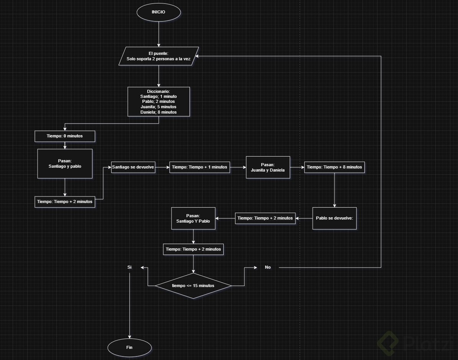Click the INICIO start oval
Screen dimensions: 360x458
[158, 12]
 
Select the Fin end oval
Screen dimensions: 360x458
[129, 347]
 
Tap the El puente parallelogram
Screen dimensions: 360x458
[158, 56]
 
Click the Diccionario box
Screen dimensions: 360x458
[159, 101]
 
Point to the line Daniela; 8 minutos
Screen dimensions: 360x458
[159, 112]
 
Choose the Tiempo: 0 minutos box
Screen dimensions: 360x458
[64, 136]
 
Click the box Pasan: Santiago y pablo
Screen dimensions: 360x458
[65, 163]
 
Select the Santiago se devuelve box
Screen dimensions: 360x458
[133, 167]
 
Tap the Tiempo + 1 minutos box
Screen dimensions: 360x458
[199, 167]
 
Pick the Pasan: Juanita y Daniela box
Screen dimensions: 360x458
[268, 167]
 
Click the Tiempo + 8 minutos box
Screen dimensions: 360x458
[334, 167]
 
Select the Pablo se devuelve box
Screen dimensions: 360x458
[334, 218]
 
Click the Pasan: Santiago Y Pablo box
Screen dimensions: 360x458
[193, 218]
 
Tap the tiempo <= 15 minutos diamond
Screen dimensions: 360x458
[193, 286]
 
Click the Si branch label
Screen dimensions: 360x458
[129, 267]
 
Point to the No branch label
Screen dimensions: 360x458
[268, 267]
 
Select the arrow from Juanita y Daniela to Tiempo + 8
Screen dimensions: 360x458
[297, 167]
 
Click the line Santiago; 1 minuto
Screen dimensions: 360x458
[159, 96]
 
